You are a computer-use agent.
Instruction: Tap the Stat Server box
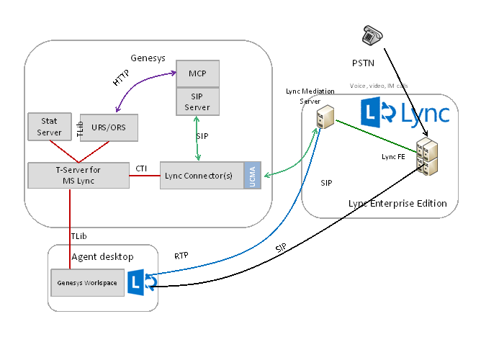pyautogui.click(x=50, y=127)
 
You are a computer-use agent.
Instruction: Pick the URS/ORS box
pyautogui.click(x=109, y=127)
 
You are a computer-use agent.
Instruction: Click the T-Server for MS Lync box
pyautogui.click(x=78, y=175)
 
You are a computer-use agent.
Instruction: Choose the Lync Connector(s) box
pyautogui.click(x=202, y=176)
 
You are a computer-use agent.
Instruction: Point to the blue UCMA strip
pyautogui.click(x=252, y=176)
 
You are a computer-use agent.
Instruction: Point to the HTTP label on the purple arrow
pyautogui.click(x=122, y=77)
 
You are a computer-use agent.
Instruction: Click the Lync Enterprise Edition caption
pyautogui.click(x=397, y=204)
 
